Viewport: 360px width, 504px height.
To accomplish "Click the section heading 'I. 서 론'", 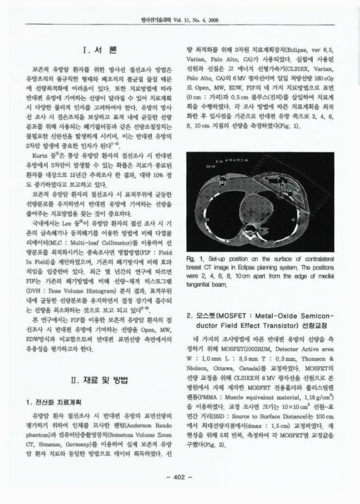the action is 96,49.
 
